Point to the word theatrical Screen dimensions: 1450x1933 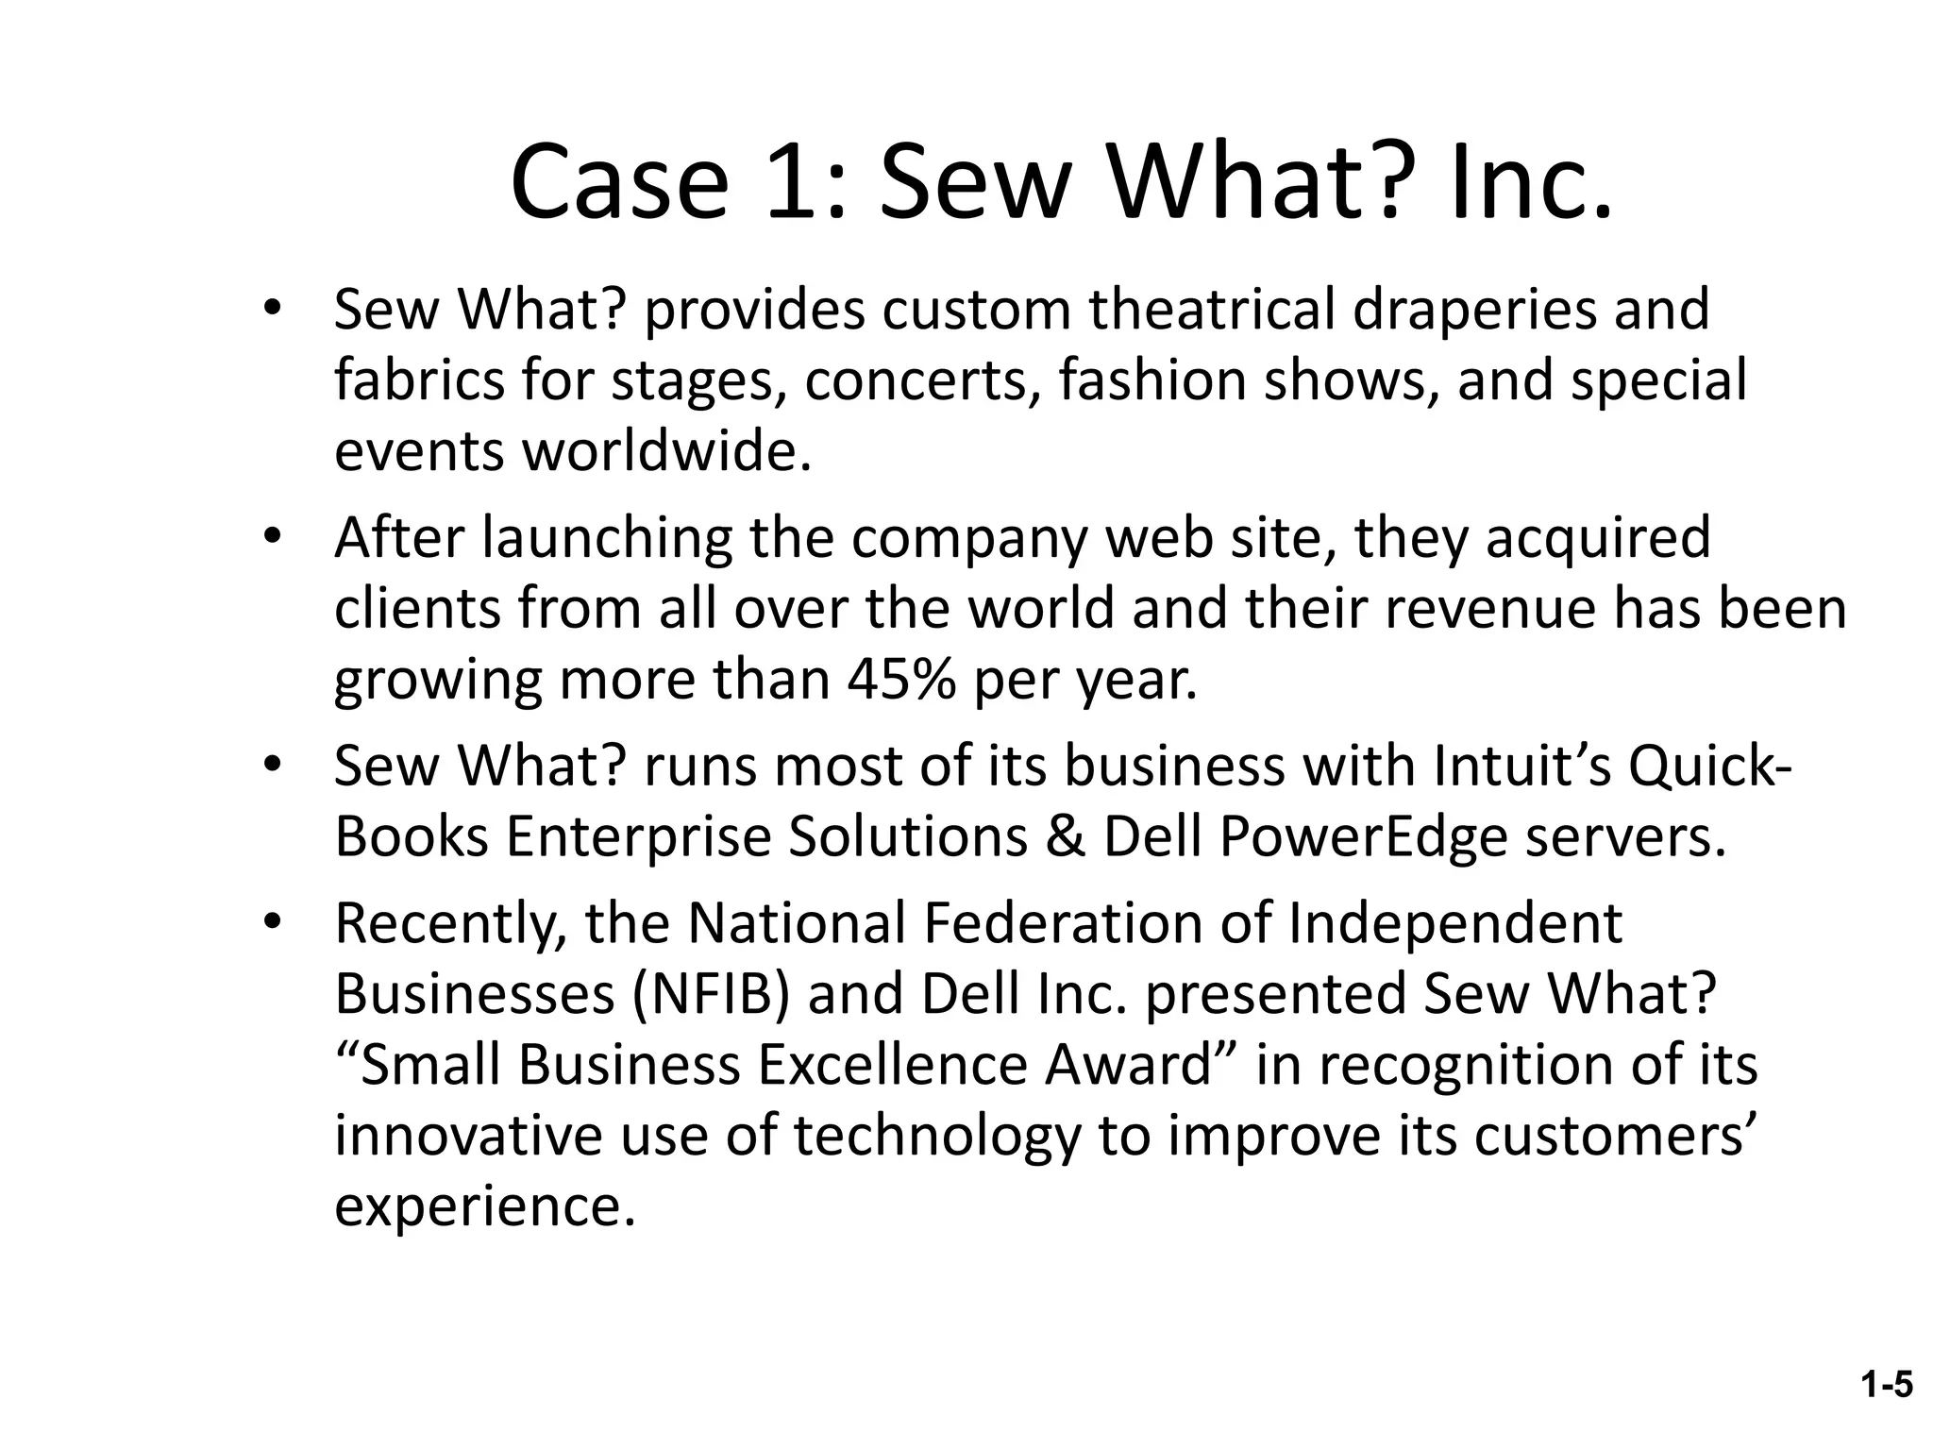click(x=1212, y=310)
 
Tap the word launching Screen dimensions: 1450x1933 click(x=607, y=538)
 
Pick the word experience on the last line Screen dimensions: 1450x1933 click(x=484, y=1206)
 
